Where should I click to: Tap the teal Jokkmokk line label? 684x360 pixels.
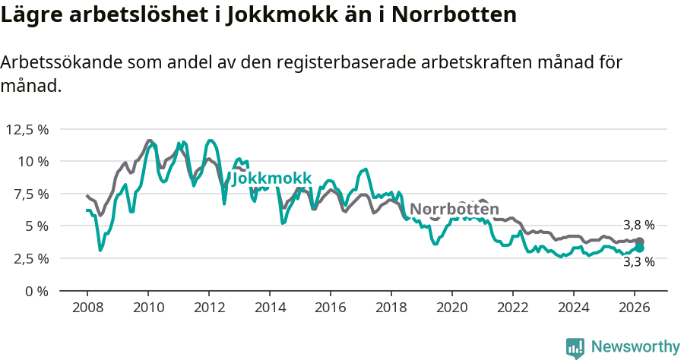[x=271, y=178]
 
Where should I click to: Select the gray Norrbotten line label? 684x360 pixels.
[x=454, y=210]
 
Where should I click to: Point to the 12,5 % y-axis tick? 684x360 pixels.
[x=27, y=129]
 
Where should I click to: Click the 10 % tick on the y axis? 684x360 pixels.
[x=33, y=161]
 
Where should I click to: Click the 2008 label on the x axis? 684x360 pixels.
[x=87, y=307]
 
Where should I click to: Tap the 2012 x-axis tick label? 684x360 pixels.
[x=209, y=307]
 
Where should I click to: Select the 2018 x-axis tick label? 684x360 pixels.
[x=391, y=307]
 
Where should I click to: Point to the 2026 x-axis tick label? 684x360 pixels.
[x=635, y=307]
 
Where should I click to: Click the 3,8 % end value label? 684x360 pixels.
[x=638, y=225]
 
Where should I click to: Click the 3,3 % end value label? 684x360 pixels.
[x=638, y=262]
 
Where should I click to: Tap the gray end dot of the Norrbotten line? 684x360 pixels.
[x=640, y=242]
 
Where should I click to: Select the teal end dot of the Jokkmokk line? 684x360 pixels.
[x=640, y=248]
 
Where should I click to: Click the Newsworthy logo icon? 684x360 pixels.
[x=575, y=347]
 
